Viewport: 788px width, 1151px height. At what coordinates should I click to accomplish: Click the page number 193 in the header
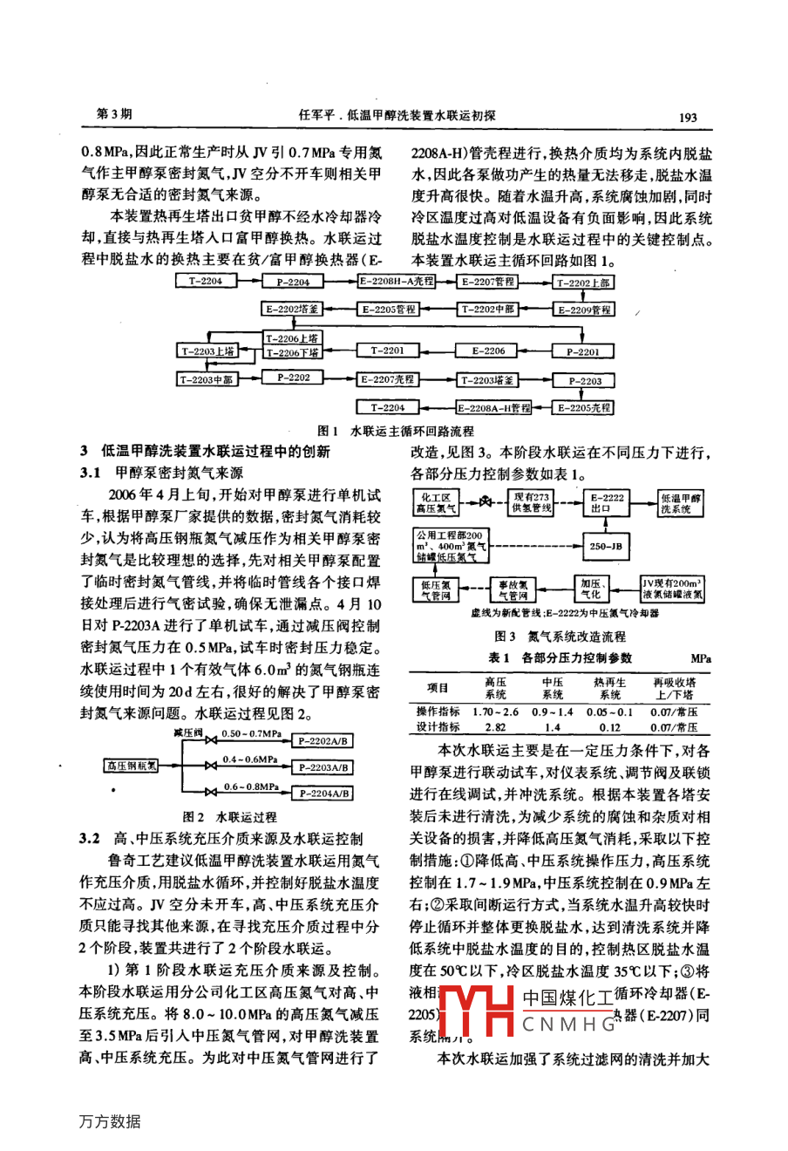coord(687,116)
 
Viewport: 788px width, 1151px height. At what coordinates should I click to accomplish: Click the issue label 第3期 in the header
coord(114,115)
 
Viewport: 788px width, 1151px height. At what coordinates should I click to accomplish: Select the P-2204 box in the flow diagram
coord(293,282)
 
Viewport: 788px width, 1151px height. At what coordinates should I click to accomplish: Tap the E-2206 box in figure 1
coord(488,351)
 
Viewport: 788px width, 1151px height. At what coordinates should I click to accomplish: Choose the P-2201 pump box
coord(583,352)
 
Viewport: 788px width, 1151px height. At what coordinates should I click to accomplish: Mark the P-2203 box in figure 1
coord(585,381)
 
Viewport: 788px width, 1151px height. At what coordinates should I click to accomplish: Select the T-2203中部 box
coord(207,379)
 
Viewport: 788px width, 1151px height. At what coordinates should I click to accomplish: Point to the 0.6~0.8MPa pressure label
coord(250,787)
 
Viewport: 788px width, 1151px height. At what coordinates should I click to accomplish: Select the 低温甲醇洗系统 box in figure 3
coord(681,503)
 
